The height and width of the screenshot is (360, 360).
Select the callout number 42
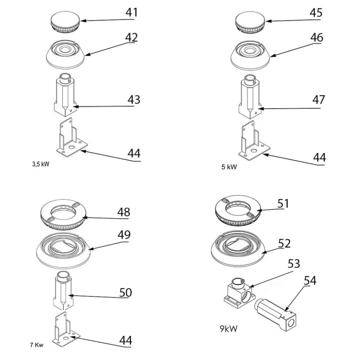[131, 37]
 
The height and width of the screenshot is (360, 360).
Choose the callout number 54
[310, 280]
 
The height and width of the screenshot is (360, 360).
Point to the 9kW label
[228, 328]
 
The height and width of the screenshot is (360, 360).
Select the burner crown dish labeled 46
[251, 54]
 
